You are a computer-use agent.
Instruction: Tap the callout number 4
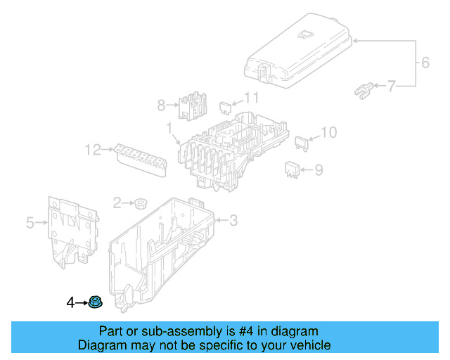click(x=70, y=303)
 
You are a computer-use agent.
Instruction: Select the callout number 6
click(x=425, y=63)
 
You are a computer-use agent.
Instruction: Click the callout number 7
click(x=392, y=86)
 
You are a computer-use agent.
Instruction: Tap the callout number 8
click(x=161, y=105)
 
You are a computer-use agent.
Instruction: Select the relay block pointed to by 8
click(x=191, y=105)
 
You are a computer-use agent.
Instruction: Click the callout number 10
click(x=329, y=132)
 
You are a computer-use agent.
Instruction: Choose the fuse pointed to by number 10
click(x=302, y=143)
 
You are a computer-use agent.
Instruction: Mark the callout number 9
click(x=319, y=169)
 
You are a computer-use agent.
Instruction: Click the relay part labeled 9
click(x=292, y=169)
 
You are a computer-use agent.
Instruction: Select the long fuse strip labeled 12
click(x=143, y=155)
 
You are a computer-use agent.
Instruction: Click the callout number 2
click(x=117, y=202)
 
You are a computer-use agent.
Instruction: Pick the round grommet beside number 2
click(x=140, y=204)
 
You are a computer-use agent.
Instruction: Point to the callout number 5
click(x=30, y=224)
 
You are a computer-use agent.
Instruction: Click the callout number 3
click(x=233, y=221)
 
